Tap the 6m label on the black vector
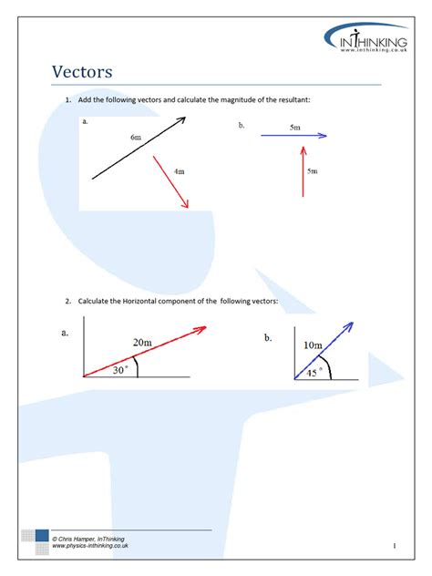[136, 137]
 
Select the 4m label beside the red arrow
[180, 170]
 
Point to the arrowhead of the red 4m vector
[186, 205]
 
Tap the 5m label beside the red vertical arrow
[312, 170]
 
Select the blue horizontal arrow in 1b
[293, 137]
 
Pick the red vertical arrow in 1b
[303, 173]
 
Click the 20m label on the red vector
[142, 342]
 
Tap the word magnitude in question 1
[241, 99]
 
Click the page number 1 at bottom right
[393, 545]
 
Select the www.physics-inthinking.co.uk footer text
[90, 547]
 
